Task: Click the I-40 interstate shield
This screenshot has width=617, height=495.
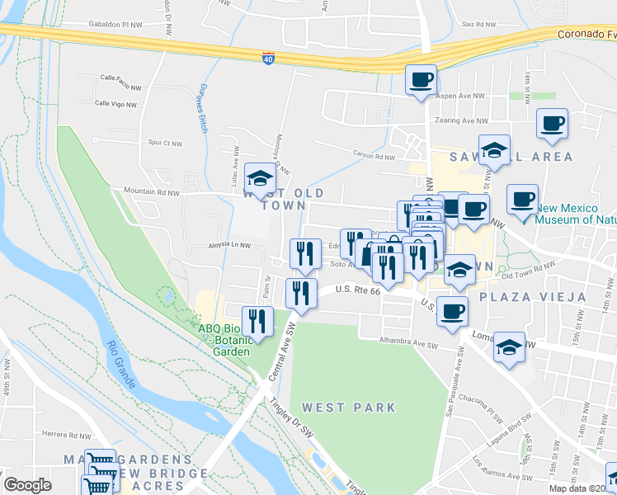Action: click(x=268, y=57)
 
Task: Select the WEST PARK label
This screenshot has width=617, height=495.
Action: click(x=348, y=408)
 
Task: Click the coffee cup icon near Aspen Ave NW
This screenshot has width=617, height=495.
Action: click(x=421, y=80)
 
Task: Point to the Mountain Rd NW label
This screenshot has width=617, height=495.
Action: click(x=152, y=192)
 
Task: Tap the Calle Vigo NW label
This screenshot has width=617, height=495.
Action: click(x=115, y=103)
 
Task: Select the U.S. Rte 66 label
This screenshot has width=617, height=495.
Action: click(x=359, y=290)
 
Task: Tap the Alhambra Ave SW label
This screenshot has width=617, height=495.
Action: click(x=406, y=340)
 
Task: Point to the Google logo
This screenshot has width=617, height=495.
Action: click(x=28, y=485)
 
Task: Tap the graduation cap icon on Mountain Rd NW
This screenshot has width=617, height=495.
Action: click(x=260, y=178)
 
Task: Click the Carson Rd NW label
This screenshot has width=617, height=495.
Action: click(x=374, y=156)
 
